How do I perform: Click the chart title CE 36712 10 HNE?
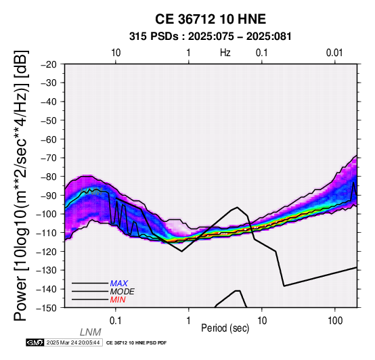coord(211,19)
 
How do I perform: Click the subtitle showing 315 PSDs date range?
coord(211,37)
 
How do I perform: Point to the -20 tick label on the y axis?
coord(49,64)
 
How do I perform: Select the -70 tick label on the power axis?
coord(49,158)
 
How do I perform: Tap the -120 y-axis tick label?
coord(47,252)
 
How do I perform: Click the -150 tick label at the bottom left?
coord(47,308)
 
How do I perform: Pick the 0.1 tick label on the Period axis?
coord(115,321)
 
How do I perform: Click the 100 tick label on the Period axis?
coord(335,321)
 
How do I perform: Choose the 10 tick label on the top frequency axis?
coord(116,53)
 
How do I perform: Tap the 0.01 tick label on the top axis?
coord(334,53)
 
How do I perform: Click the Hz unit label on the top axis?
coord(225,53)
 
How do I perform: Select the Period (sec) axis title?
coord(225,328)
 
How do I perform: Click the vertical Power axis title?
coord(21,185)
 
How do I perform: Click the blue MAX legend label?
coord(119,284)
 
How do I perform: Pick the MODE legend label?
coord(123,292)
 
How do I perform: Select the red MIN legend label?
coord(118,300)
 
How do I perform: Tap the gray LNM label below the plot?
coord(91,332)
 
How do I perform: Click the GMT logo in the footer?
coord(35,342)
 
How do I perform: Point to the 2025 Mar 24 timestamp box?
coord(73,342)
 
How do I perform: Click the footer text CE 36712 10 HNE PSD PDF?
coord(136,343)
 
